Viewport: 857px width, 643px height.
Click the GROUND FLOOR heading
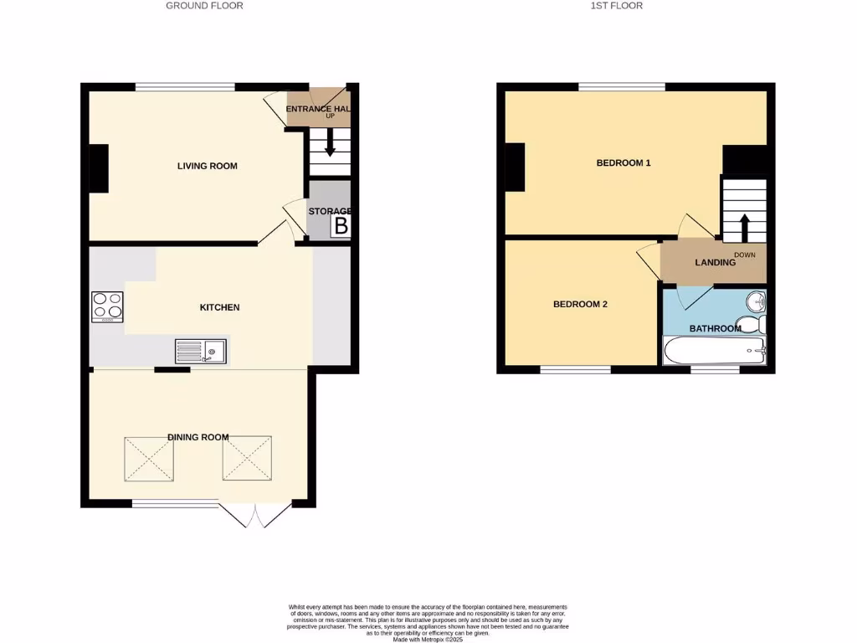tap(204, 6)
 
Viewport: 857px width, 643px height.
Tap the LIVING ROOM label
tap(207, 166)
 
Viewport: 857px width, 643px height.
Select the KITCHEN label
tap(219, 307)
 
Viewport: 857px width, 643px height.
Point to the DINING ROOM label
tap(198, 437)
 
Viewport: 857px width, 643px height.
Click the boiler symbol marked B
tap(341, 225)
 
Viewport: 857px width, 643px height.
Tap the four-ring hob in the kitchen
tap(108, 306)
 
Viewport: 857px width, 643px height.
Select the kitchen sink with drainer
tap(201, 351)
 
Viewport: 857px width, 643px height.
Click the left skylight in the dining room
tap(150, 458)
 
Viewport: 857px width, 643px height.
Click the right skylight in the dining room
tap(247, 458)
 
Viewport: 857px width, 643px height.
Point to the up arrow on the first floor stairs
tap(743, 226)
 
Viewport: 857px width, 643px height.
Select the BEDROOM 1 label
tap(624, 163)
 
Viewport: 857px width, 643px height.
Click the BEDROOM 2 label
tap(580, 304)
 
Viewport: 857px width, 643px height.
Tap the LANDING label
tap(715, 262)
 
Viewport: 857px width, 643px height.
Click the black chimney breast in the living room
tap(99, 168)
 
